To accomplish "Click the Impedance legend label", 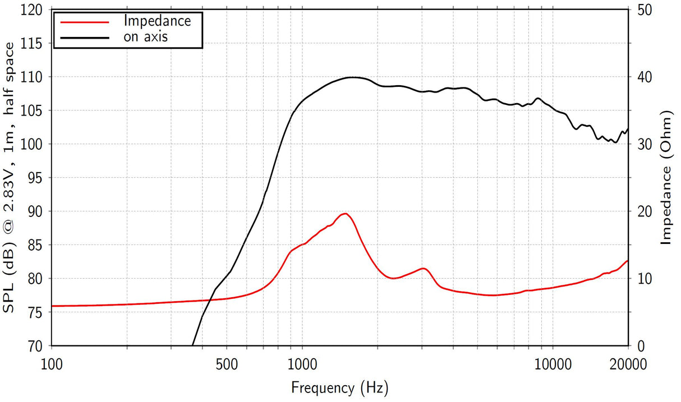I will (x=157, y=21).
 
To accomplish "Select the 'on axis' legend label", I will (x=145, y=37).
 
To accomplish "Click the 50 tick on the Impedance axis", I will (x=642, y=10).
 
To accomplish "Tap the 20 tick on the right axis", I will (x=642, y=211).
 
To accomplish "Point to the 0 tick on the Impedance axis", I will (x=638, y=346).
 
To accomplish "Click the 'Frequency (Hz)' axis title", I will (x=339, y=387).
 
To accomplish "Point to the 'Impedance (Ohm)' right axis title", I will (x=666, y=178).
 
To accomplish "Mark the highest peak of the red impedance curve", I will (x=346, y=214).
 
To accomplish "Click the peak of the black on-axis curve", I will (x=353, y=77).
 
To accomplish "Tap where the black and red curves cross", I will (x=209, y=301).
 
